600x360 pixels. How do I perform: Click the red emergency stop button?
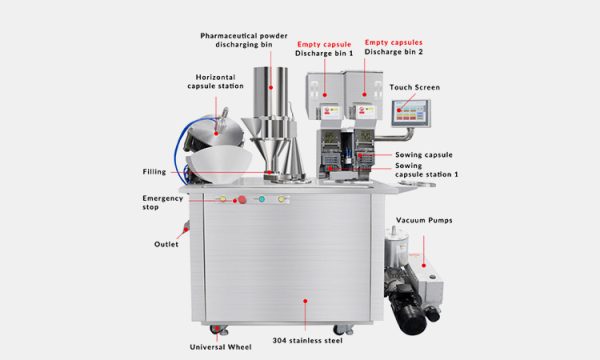pyautogui.click(x=240, y=200)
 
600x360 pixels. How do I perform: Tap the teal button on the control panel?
pyautogui.click(x=261, y=199)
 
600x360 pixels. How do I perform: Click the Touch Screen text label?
pyautogui.click(x=415, y=88)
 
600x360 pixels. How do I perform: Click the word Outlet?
pyautogui.click(x=166, y=245)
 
